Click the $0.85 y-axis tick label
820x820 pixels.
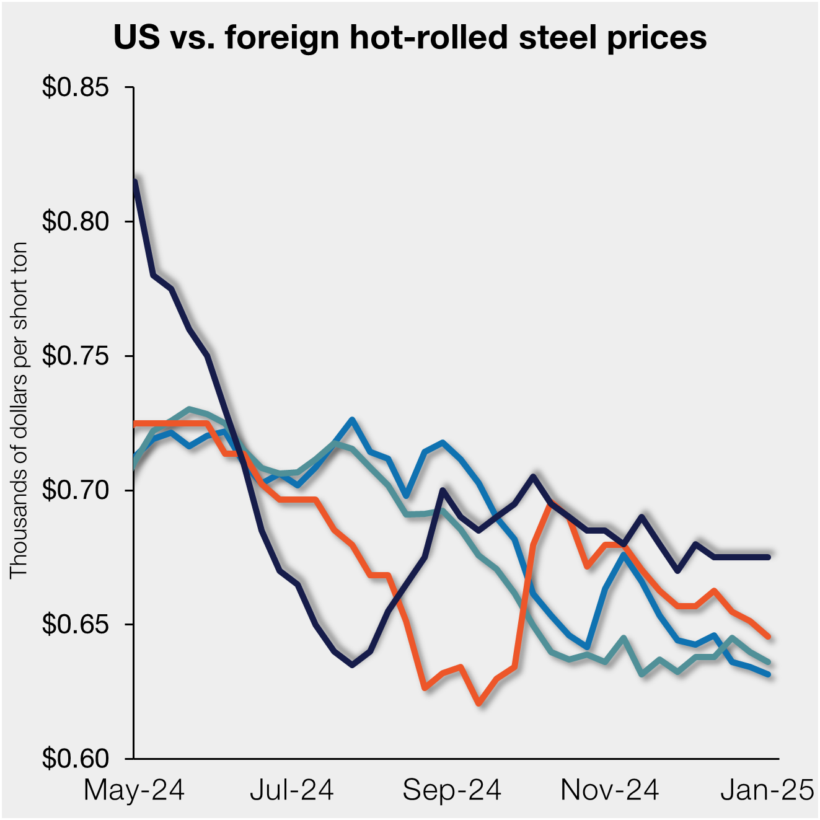click(x=75, y=87)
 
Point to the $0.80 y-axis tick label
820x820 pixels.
click(x=75, y=221)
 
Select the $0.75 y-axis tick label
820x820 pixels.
click(x=75, y=356)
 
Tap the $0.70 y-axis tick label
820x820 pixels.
click(x=75, y=490)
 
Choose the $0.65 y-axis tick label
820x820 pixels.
click(x=75, y=624)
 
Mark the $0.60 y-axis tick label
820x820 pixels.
click(x=75, y=759)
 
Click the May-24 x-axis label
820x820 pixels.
click(x=134, y=791)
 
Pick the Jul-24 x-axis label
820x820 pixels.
click(x=292, y=791)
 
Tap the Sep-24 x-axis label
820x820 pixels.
click(x=452, y=791)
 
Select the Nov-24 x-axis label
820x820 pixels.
click(x=610, y=791)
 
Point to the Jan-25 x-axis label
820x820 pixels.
click(x=767, y=791)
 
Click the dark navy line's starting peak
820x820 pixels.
click(x=135, y=181)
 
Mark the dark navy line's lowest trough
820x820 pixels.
click(x=352, y=664)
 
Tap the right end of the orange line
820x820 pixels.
click(x=768, y=636)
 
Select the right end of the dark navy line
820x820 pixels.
click(x=768, y=557)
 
